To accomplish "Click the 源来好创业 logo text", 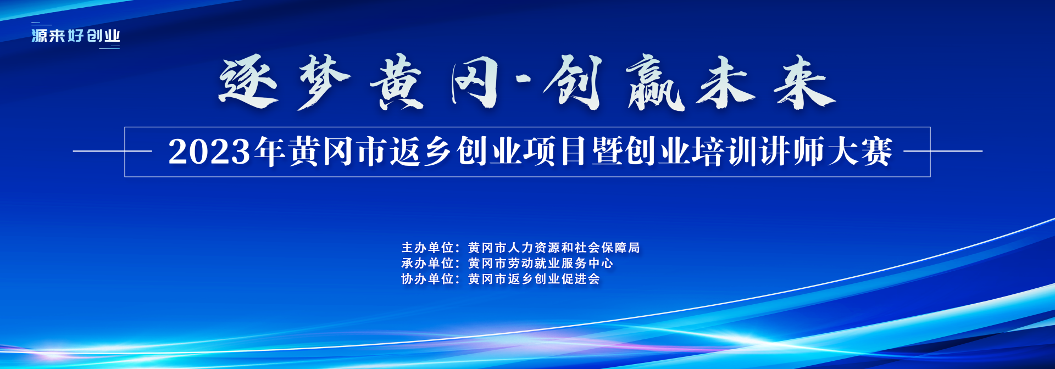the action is click(x=76, y=36).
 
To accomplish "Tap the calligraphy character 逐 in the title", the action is click(x=248, y=82).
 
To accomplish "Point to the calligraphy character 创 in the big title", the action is click(x=574, y=82).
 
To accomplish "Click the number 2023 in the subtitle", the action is click(x=209, y=152).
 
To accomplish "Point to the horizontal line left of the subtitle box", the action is click(x=113, y=151).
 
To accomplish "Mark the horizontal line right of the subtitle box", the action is click(x=943, y=151).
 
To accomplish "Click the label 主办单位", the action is click(x=427, y=248).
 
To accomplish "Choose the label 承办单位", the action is click(x=427, y=264).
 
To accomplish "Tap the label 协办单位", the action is click(x=427, y=279).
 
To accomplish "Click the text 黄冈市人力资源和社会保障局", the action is click(x=554, y=248).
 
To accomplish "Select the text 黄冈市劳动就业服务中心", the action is click(x=541, y=264).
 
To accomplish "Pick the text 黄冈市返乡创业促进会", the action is click(x=534, y=279).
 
